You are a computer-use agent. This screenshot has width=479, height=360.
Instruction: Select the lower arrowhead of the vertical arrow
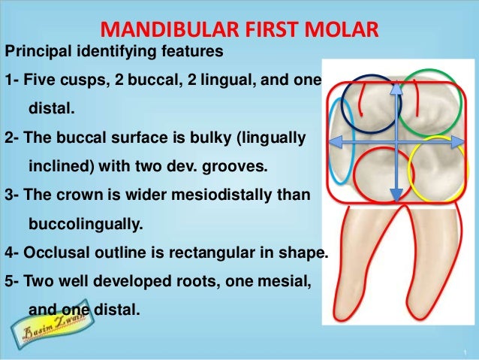click(396, 197)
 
